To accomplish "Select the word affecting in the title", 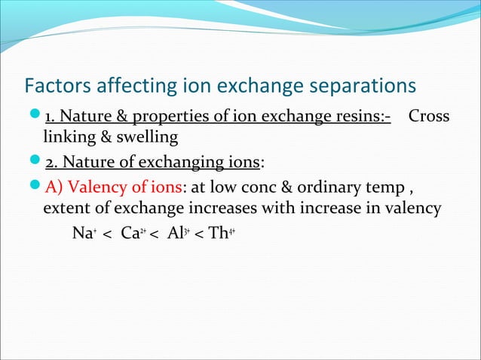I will [128, 84].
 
